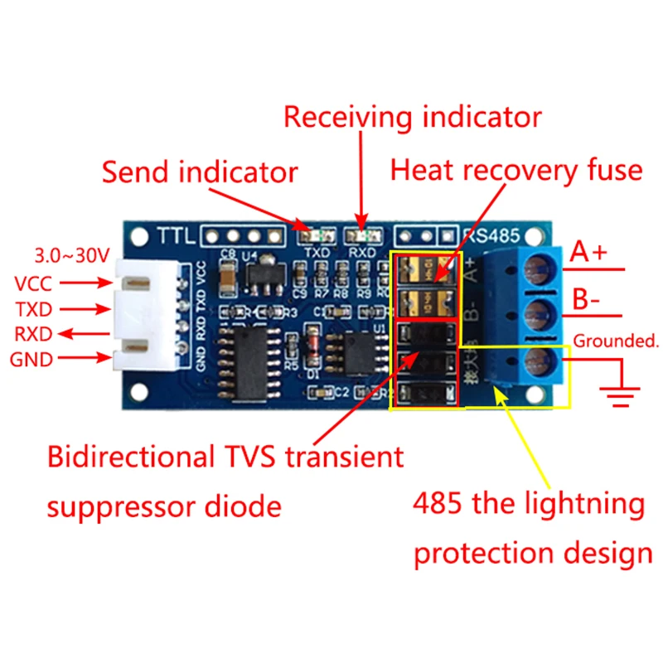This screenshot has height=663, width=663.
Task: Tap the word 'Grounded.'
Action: pos(615,340)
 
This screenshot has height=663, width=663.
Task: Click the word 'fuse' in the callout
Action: pos(611,170)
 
